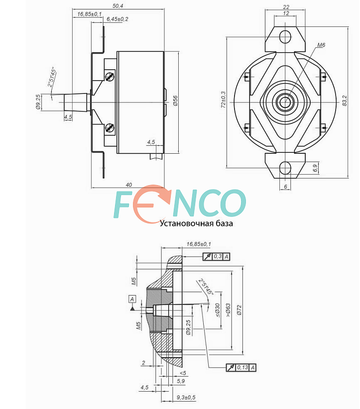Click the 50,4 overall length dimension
tap(118, 6)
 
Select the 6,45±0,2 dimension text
tap(117, 19)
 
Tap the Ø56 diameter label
tap(175, 101)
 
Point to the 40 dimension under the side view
tap(128, 185)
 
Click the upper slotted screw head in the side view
tap(110, 77)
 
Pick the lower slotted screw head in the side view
tap(110, 127)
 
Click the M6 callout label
tap(321, 45)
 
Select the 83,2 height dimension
tap(345, 101)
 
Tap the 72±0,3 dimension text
tap(223, 100)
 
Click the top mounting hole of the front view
tap(285, 36)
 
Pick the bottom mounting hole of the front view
tap(285, 168)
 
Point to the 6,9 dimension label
tap(315, 168)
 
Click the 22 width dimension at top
tap(286, 7)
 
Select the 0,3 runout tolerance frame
tap(217, 257)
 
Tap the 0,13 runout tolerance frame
tap(241, 368)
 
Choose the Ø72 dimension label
tap(240, 310)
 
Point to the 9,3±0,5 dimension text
tap(186, 397)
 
